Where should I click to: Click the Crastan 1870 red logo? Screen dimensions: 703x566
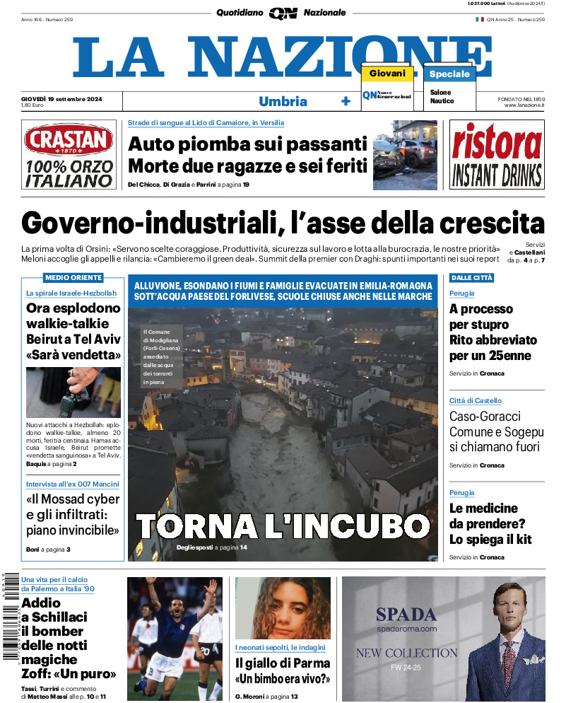[x=68, y=140]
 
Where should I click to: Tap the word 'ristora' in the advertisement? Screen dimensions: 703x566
[x=497, y=143]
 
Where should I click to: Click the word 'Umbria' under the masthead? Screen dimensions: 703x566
[x=283, y=101]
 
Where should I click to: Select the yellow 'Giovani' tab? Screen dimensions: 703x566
[x=387, y=74]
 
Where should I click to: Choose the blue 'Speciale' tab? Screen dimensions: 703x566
[x=449, y=74]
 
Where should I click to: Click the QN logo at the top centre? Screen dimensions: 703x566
[x=283, y=13]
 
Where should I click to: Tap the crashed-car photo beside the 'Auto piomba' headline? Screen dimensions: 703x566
[x=405, y=155]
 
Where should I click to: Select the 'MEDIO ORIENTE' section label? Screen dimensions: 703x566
[x=73, y=278]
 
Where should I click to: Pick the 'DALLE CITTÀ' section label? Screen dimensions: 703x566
[x=471, y=278]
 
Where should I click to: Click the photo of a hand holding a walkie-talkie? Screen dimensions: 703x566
[x=73, y=393]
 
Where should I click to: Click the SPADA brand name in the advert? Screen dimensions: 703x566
[x=406, y=614]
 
